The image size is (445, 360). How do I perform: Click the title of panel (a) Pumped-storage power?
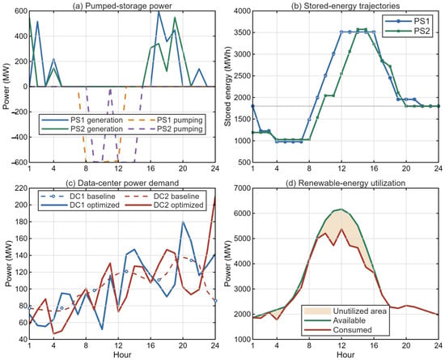[x=122, y=6]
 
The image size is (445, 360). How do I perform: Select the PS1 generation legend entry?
[x=82, y=120]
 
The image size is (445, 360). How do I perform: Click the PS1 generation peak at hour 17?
[x=159, y=11]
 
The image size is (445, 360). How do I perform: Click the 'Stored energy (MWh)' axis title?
[x=227, y=87]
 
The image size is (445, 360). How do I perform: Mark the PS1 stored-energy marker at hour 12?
[x=341, y=32]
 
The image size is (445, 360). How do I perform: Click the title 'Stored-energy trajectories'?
[x=345, y=6]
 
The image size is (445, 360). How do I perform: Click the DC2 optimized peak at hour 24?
[x=215, y=197]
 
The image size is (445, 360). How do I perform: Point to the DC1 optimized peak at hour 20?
[x=183, y=222]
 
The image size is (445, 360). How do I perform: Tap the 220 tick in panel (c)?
[x=23, y=188]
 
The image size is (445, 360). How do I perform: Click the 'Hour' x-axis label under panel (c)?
[x=122, y=354]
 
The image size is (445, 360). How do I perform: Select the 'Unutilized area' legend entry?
[x=345, y=311]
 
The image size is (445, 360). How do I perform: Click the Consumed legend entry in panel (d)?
[x=337, y=330]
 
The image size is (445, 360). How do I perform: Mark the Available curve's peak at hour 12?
[x=341, y=209]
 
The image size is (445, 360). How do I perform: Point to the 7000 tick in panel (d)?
[x=243, y=188]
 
